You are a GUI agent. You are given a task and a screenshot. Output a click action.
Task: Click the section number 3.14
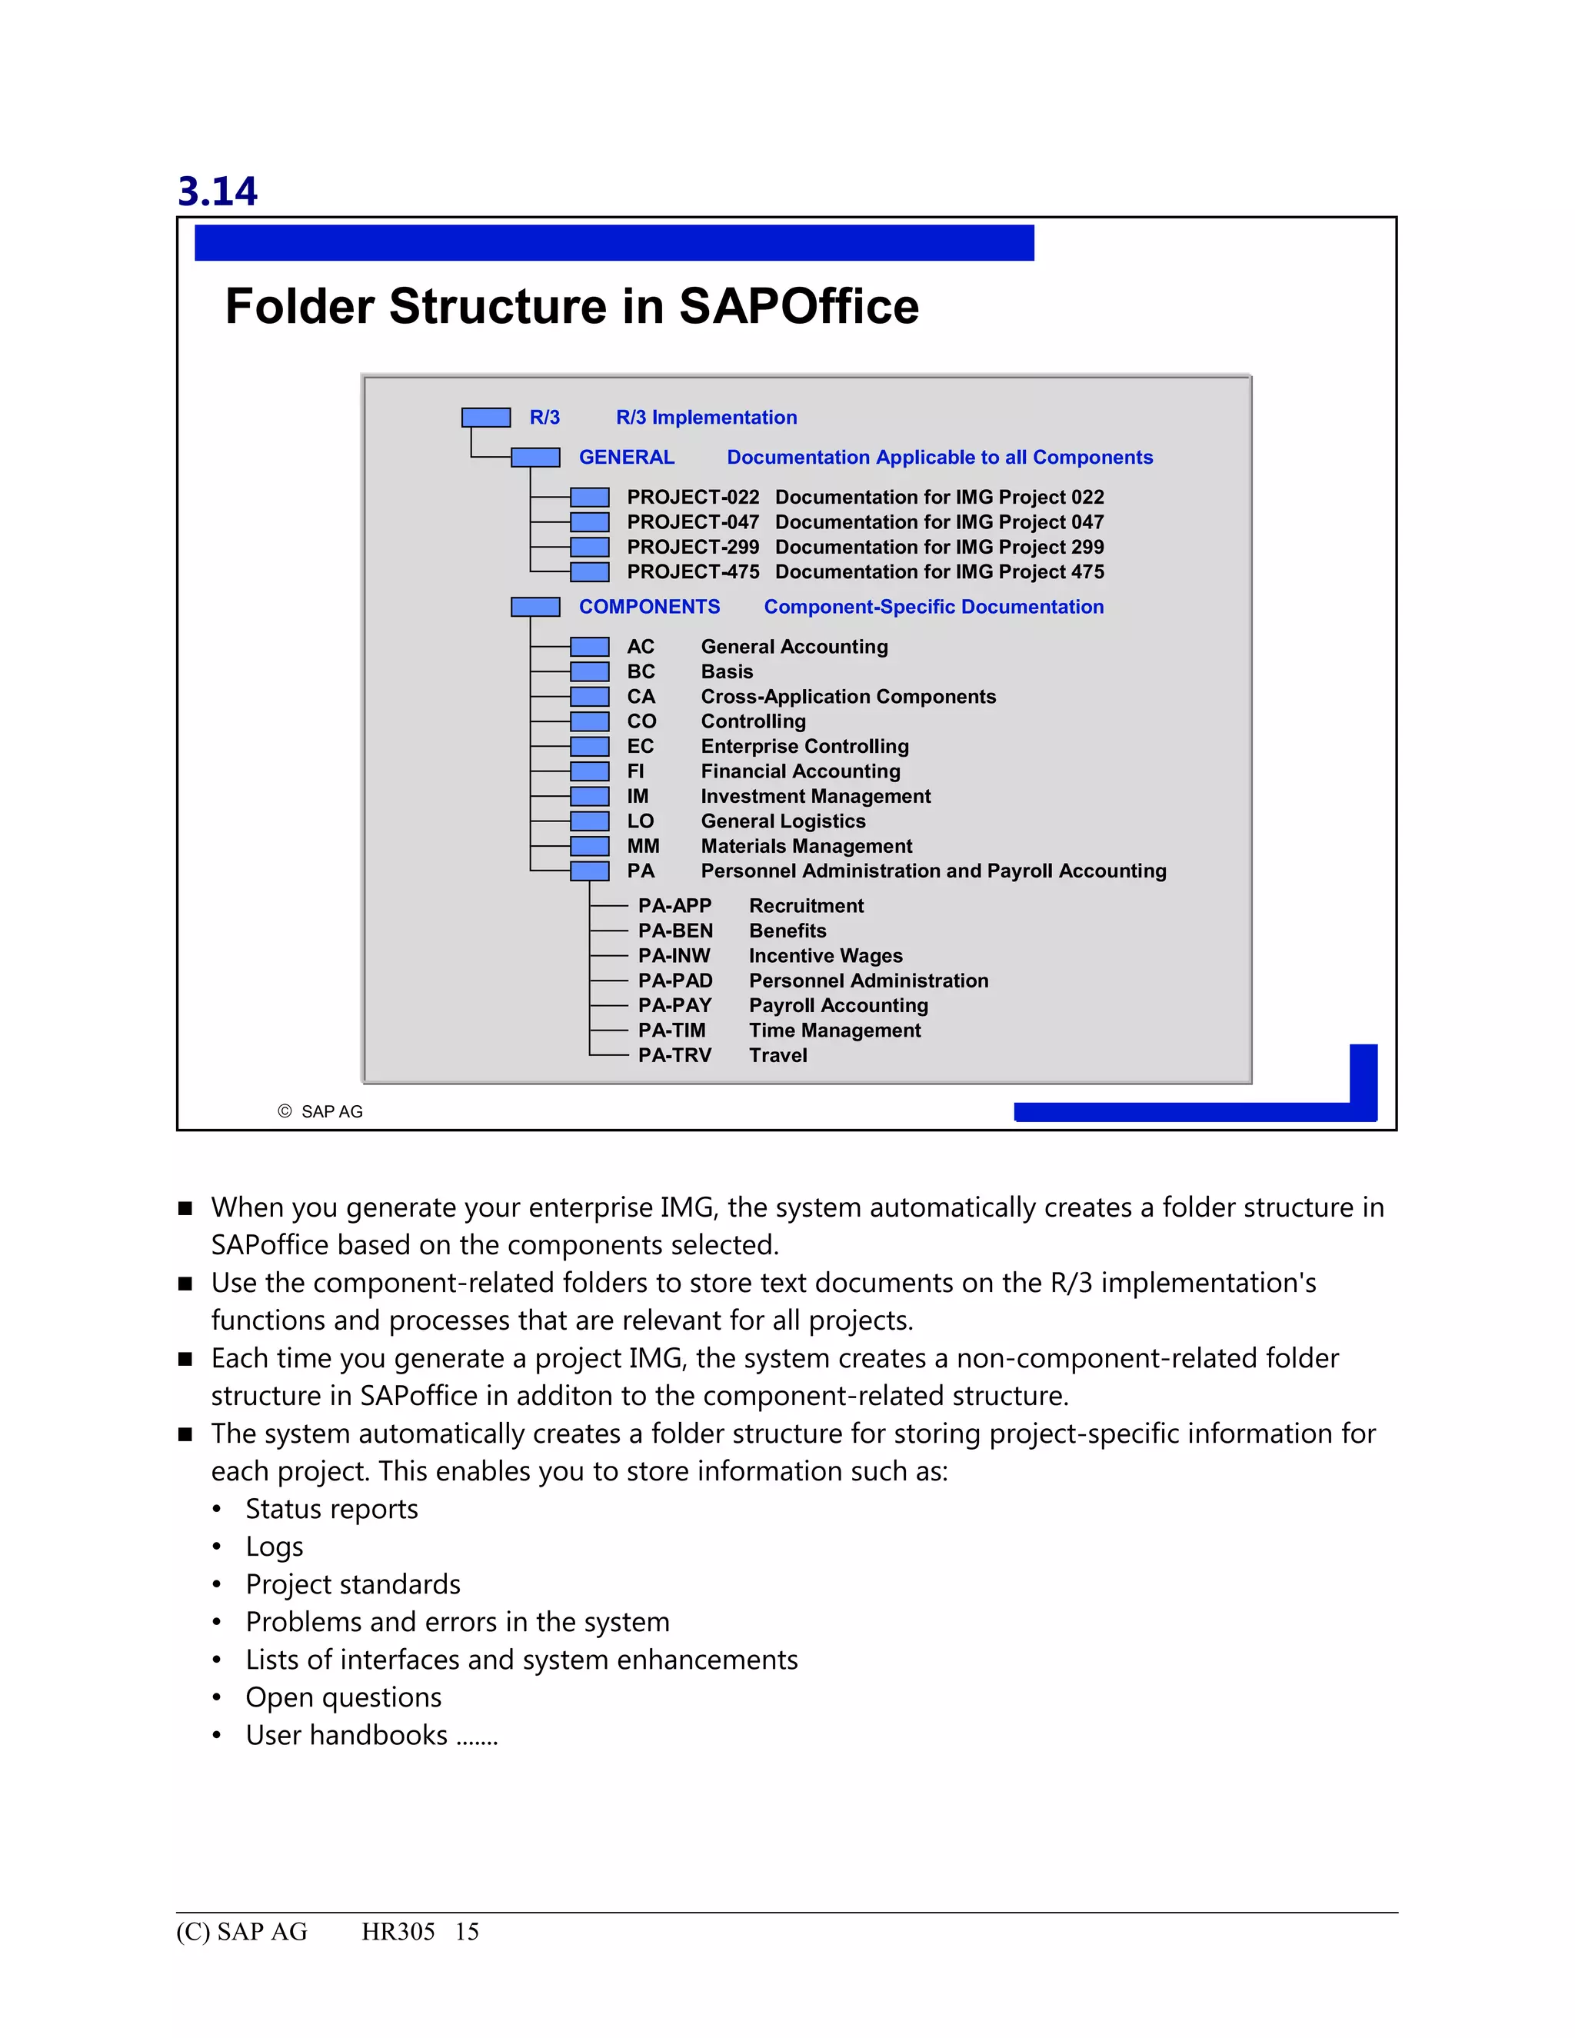coord(218,191)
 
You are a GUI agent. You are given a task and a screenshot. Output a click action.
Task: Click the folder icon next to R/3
coord(485,417)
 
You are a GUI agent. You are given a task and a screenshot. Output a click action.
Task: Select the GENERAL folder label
coord(626,458)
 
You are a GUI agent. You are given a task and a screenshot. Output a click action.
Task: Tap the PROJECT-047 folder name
coord(692,521)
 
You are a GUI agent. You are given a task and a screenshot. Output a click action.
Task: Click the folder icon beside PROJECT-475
coord(589,572)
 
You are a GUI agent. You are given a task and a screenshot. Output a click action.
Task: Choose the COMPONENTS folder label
coord(649,607)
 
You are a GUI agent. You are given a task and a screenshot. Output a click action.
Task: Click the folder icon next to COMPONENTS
coord(534,607)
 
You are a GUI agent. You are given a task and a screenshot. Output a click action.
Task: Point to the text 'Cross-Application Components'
coord(848,696)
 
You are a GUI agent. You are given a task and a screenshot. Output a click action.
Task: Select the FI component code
coord(635,771)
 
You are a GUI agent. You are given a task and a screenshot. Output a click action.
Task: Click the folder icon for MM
coord(589,845)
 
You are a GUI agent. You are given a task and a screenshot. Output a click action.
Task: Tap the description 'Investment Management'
coord(815,796)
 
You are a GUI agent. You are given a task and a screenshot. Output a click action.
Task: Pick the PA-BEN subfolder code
coord(674,931)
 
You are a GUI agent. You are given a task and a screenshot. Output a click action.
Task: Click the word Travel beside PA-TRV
coord(778,1055)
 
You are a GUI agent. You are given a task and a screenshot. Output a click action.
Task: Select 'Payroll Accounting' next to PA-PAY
coord(838,1005)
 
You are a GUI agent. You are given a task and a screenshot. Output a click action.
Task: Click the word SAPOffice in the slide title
coord(799,306)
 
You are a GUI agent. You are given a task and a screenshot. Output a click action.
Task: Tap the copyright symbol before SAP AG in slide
coord(285,1111)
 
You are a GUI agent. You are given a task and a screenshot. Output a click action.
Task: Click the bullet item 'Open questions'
coord(343,1697)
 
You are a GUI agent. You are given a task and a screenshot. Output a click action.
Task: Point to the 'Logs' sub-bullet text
coord(275,1547)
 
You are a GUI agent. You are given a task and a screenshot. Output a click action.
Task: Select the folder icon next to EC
coord(589,747)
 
